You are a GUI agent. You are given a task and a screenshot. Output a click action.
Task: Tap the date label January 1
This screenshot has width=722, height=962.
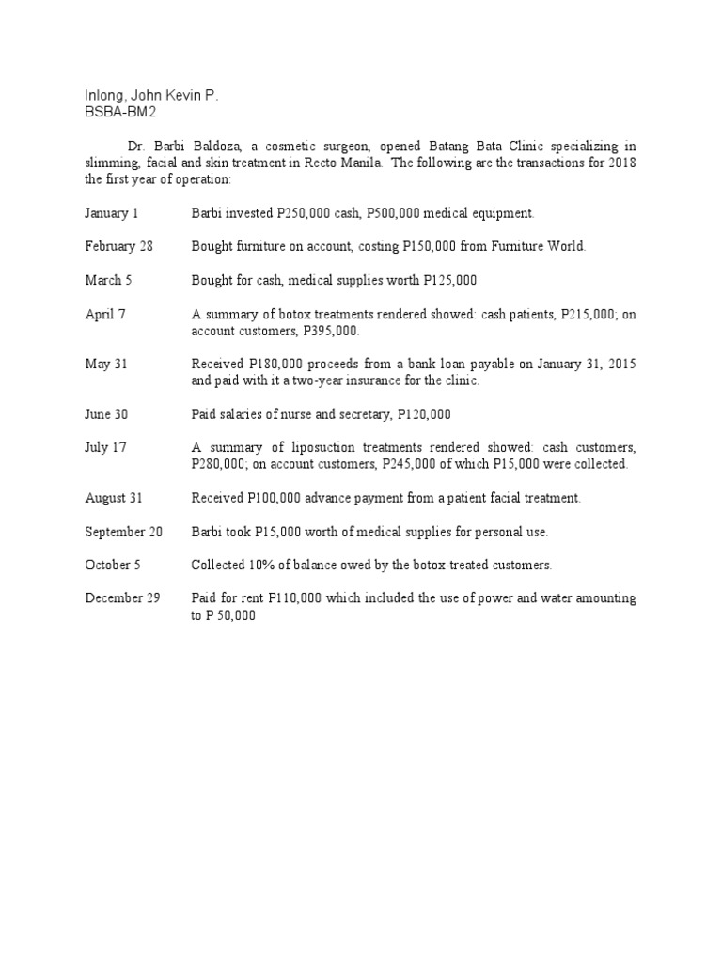coord(112,213)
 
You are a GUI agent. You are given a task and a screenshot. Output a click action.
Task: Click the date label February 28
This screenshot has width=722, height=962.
coord(119,246)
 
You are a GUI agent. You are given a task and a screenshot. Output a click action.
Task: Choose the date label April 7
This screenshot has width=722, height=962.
coord(105,314)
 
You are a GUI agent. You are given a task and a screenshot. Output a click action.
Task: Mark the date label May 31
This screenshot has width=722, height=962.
coord(106,364)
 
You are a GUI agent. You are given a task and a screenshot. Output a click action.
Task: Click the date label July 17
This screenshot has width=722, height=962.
coord(105,447)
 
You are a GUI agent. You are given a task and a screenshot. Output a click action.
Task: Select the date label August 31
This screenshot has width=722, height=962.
coord(116,498)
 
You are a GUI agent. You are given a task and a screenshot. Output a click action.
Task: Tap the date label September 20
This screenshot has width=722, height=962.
coord(123,532)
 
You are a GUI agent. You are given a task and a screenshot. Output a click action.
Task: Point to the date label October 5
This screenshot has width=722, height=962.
coord(112,565)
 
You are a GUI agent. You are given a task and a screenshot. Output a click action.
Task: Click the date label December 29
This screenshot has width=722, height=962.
coord(122,598)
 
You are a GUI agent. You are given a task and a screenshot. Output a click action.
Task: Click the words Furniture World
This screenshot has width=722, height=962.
coord(545,246)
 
